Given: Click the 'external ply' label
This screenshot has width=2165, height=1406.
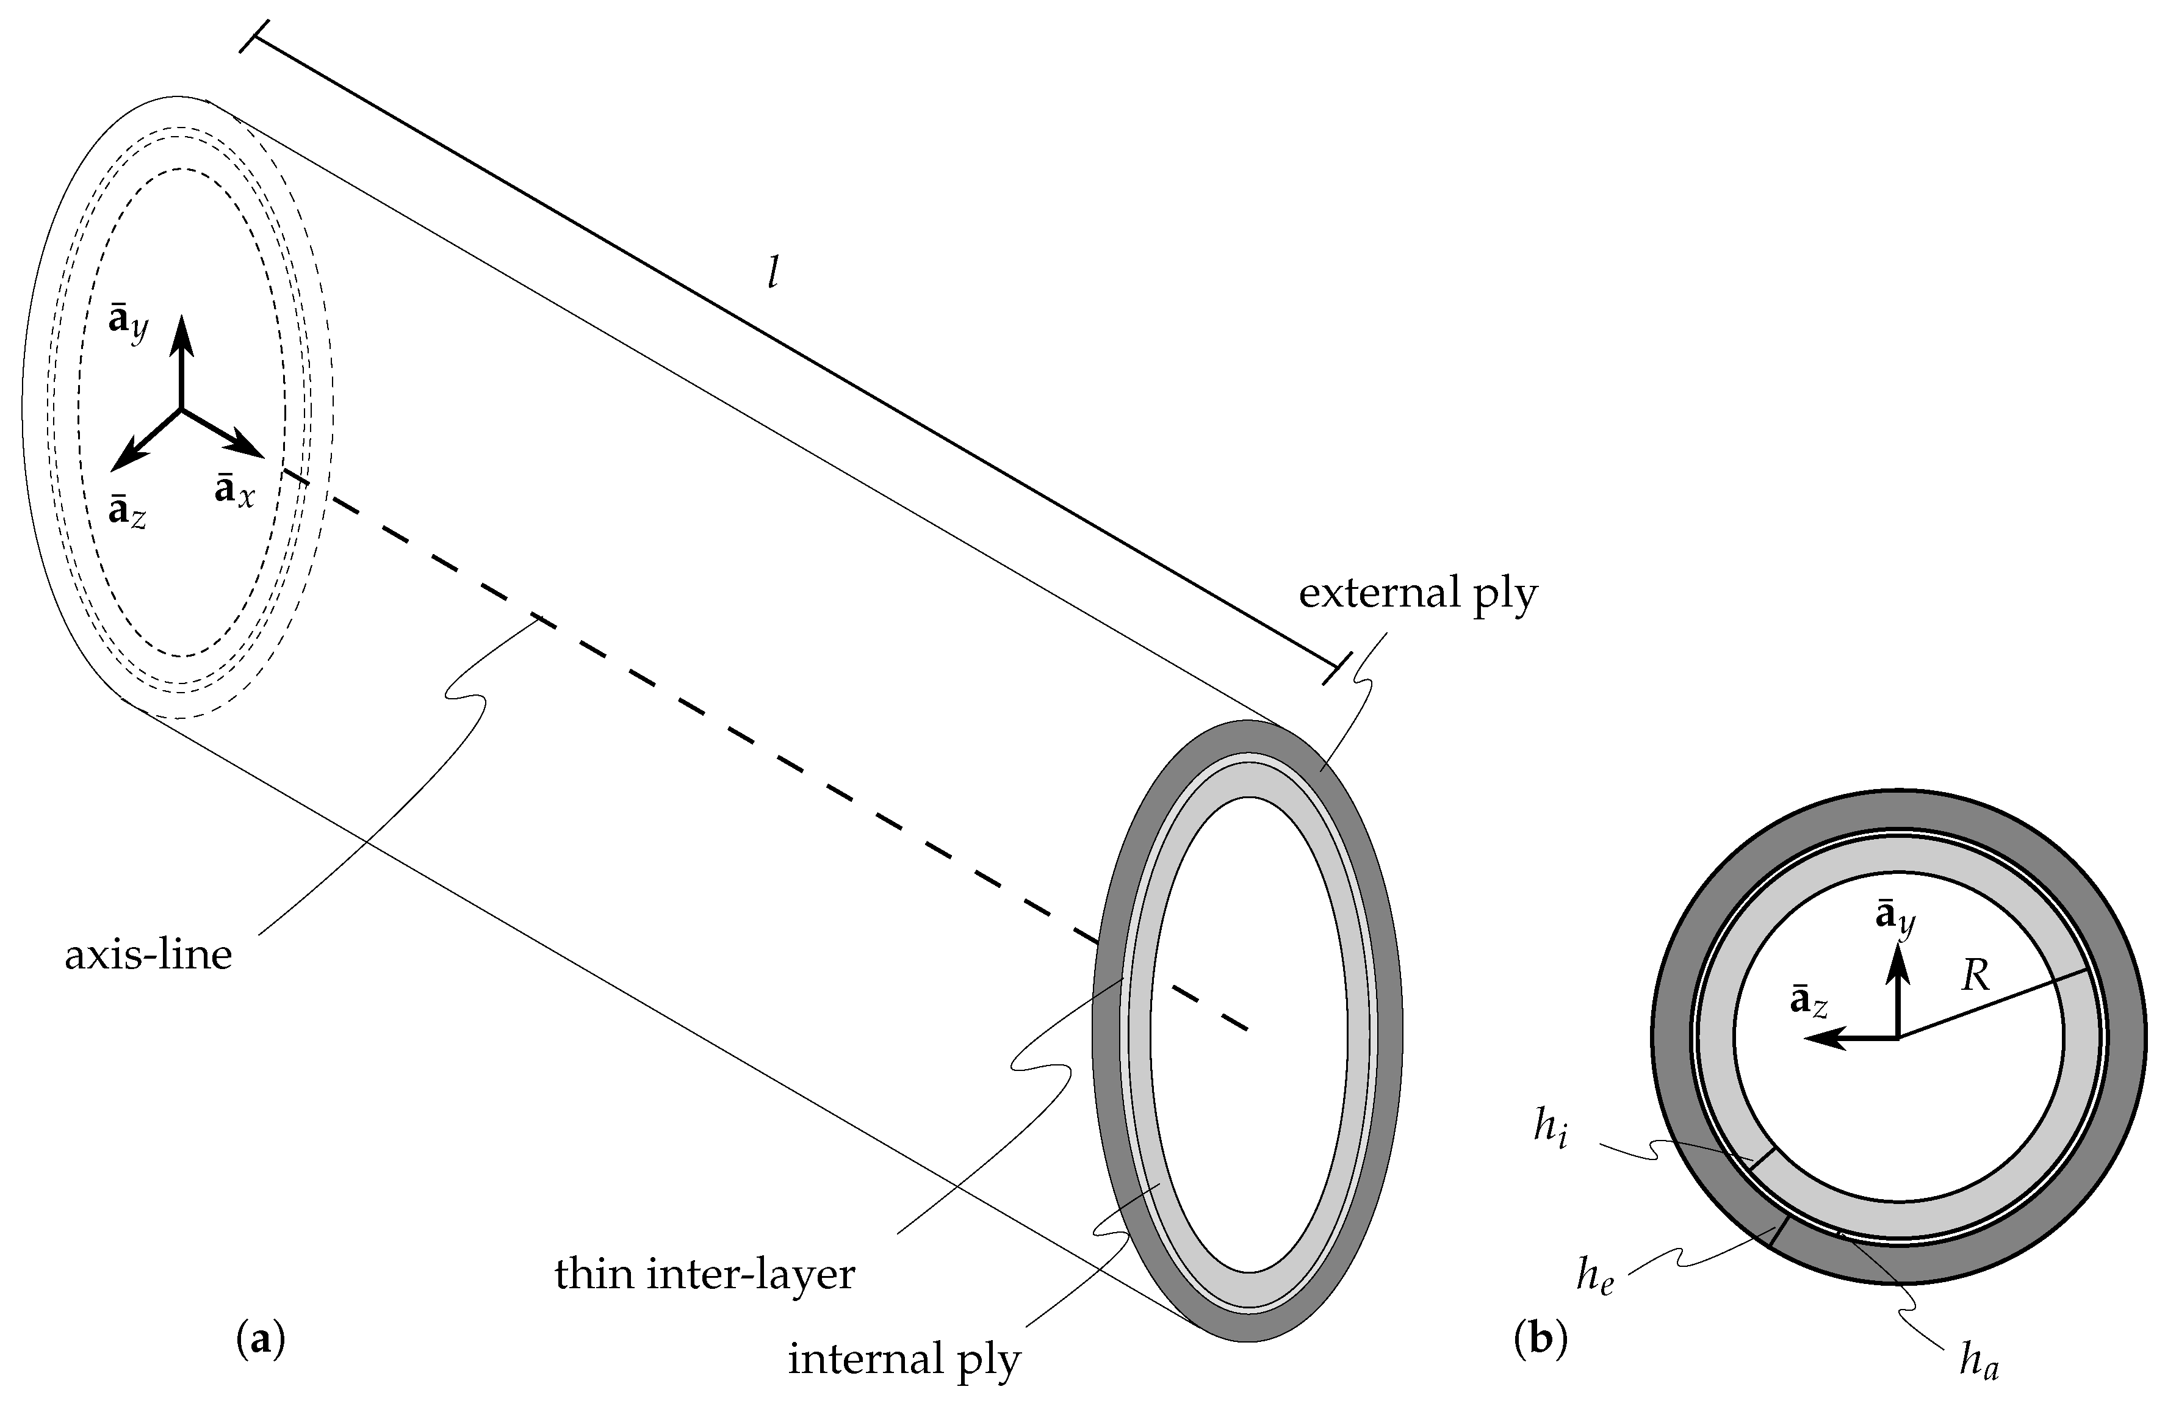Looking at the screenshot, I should tap(1418, 596).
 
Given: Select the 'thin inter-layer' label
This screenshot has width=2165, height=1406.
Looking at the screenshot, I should tap(705, 1274).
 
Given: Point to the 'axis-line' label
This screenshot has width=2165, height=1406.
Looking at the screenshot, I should tap(148, 956).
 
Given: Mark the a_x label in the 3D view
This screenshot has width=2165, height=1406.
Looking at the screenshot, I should tap(235, 491).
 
